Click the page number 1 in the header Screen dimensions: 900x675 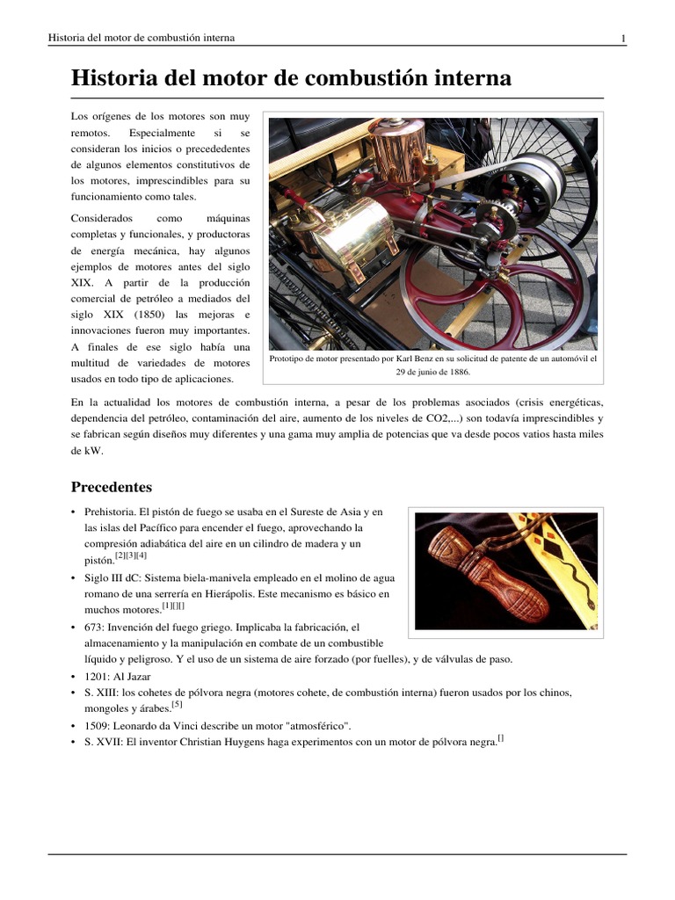click(x=623, y=38)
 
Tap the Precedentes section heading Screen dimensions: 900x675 click(x=111, y=486)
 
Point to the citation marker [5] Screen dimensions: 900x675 click(x=177, y=704)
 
